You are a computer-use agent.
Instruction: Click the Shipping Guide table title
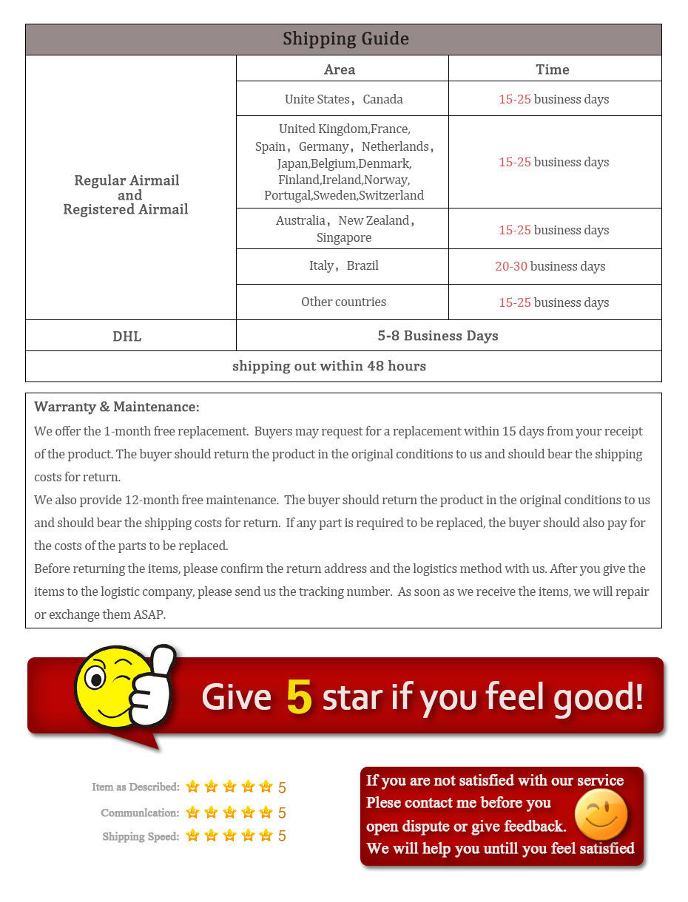(345, 39)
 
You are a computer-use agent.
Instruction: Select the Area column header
(340, 69)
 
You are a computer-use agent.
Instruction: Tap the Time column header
(553, 69)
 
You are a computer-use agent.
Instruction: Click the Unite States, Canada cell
(343, 99)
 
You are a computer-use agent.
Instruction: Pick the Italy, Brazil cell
(343, 265)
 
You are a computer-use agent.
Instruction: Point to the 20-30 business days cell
(550, 266)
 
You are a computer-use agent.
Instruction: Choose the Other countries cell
(343, 302)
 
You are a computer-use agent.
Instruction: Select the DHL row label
(127, 336)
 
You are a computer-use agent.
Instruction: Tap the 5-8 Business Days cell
(438, 336)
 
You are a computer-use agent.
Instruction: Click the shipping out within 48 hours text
(329, 366)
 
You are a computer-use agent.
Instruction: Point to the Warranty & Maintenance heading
(117, 407)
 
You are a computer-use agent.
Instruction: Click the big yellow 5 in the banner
(299, 696)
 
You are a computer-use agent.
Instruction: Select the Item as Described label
(135, 787)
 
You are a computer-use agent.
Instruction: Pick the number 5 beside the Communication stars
(282, 813)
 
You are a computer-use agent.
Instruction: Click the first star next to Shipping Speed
(193, 835)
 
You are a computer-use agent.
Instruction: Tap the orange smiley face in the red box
(601, 815)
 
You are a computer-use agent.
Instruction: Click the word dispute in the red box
(427, 826)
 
